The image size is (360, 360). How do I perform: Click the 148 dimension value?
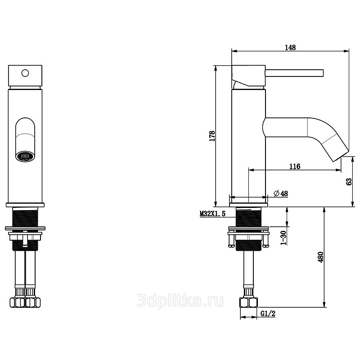tap(290, 48)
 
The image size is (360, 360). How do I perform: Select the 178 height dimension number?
tap(212, 136)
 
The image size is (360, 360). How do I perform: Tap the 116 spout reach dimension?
tap(295, 166)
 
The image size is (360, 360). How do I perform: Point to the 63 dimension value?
tap(349, 182)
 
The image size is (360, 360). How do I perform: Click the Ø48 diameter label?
tap(281, 193)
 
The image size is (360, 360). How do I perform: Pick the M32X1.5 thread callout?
tap(212, 214)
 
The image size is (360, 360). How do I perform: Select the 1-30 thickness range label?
tap(284, 238)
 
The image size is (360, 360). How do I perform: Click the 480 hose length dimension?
tap(320, 257)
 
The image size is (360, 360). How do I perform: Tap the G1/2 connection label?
tap(268, 313)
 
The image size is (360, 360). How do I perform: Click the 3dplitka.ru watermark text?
tap(180, 300)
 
